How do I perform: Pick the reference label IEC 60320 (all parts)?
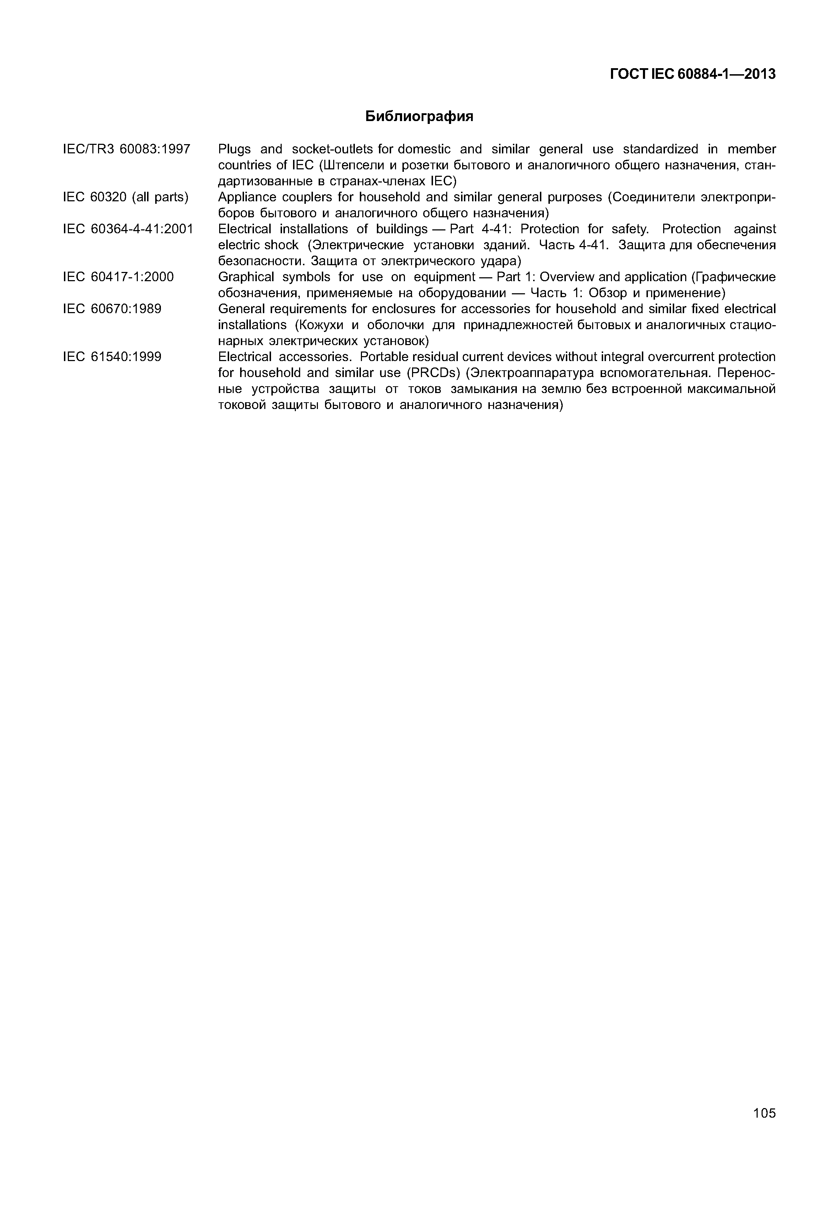pos(126,197)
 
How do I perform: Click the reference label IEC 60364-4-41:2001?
pos(128,229)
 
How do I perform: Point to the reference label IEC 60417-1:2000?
pos(118,277)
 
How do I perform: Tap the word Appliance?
pos(244,197)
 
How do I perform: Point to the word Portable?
pos(383,357)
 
